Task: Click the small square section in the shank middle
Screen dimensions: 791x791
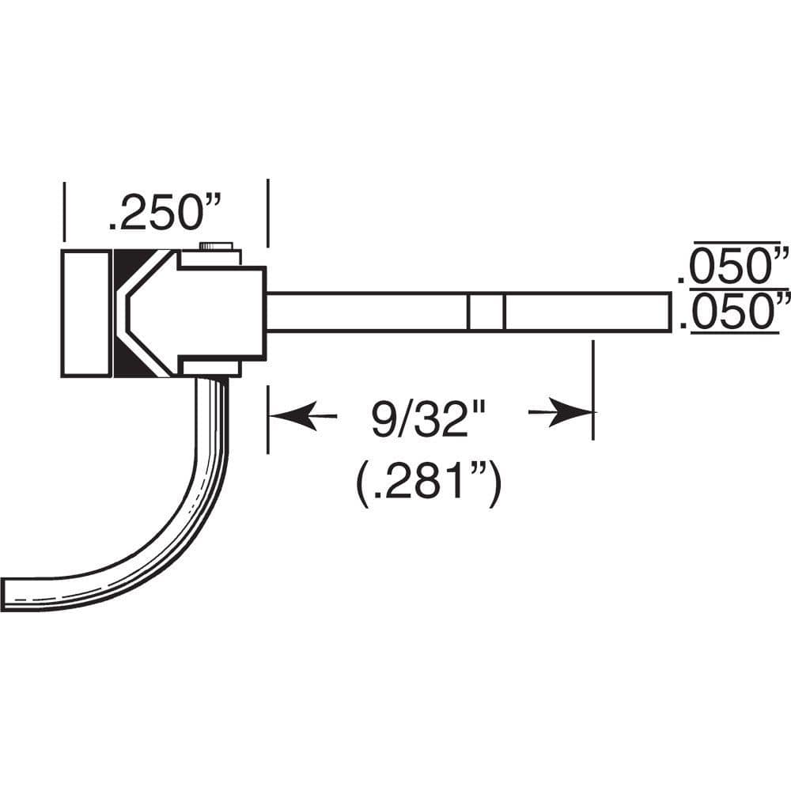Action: click(x=486, y=312)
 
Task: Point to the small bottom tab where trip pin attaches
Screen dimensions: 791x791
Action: click(x=211, y=366)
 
